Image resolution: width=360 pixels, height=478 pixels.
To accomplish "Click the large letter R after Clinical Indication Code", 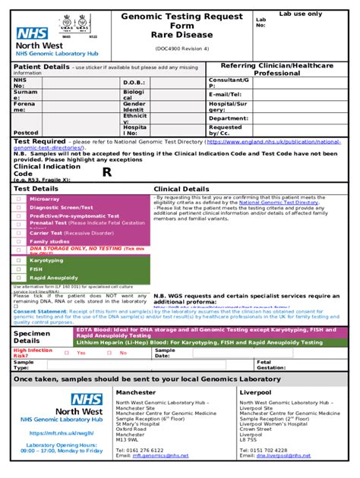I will tap(107, 172).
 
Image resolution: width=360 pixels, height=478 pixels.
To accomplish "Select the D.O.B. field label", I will tap(134, 82).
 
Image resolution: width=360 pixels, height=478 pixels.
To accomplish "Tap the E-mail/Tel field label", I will tap(224, 94).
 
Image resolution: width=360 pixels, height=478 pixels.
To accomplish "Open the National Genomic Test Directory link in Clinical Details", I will tap(278, 203).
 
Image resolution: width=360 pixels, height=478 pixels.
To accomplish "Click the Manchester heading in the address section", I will tap(135, 392).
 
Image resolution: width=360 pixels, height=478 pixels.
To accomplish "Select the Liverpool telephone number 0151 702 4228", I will tap(264, 450).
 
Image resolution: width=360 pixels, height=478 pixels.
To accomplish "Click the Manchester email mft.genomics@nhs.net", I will tap(150, 456).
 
